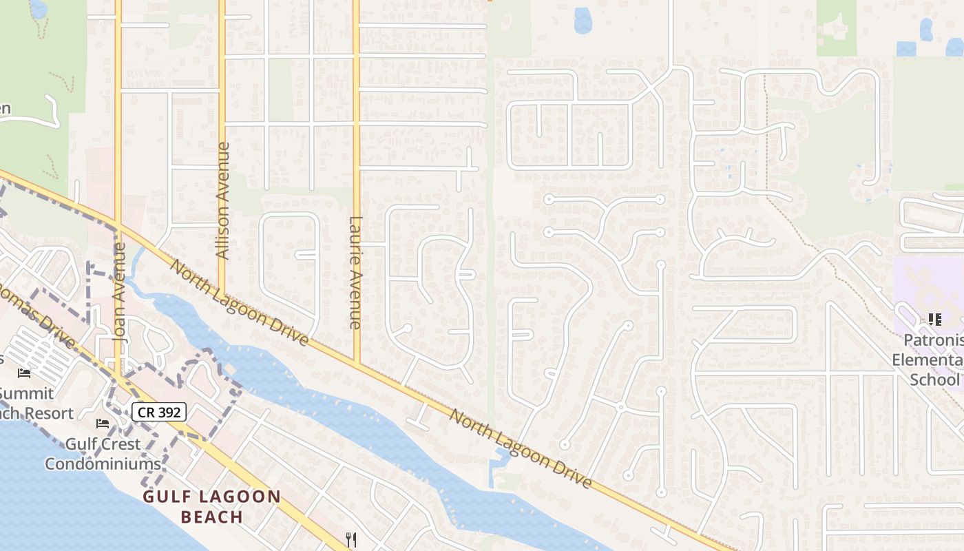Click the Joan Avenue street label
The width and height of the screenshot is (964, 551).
tap(120, 293)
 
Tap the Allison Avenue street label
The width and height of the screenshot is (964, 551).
tap(222, 200)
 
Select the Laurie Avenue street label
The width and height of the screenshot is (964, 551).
tap(355, 272)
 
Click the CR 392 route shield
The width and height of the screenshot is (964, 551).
tap(159, 412)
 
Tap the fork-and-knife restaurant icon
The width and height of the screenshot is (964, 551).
tap(351, 539)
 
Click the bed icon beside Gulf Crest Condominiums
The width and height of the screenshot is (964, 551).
tap(103, 423)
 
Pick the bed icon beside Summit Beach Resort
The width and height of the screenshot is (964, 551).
tap(24, 373)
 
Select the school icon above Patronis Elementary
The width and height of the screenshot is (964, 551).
tap(934, 319)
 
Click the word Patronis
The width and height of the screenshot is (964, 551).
tap(932, 340)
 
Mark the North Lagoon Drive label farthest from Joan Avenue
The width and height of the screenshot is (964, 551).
tap(521, 448)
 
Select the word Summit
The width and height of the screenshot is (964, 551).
tap(26, 393)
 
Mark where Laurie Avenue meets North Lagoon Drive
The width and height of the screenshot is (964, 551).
tap(357, 363)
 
